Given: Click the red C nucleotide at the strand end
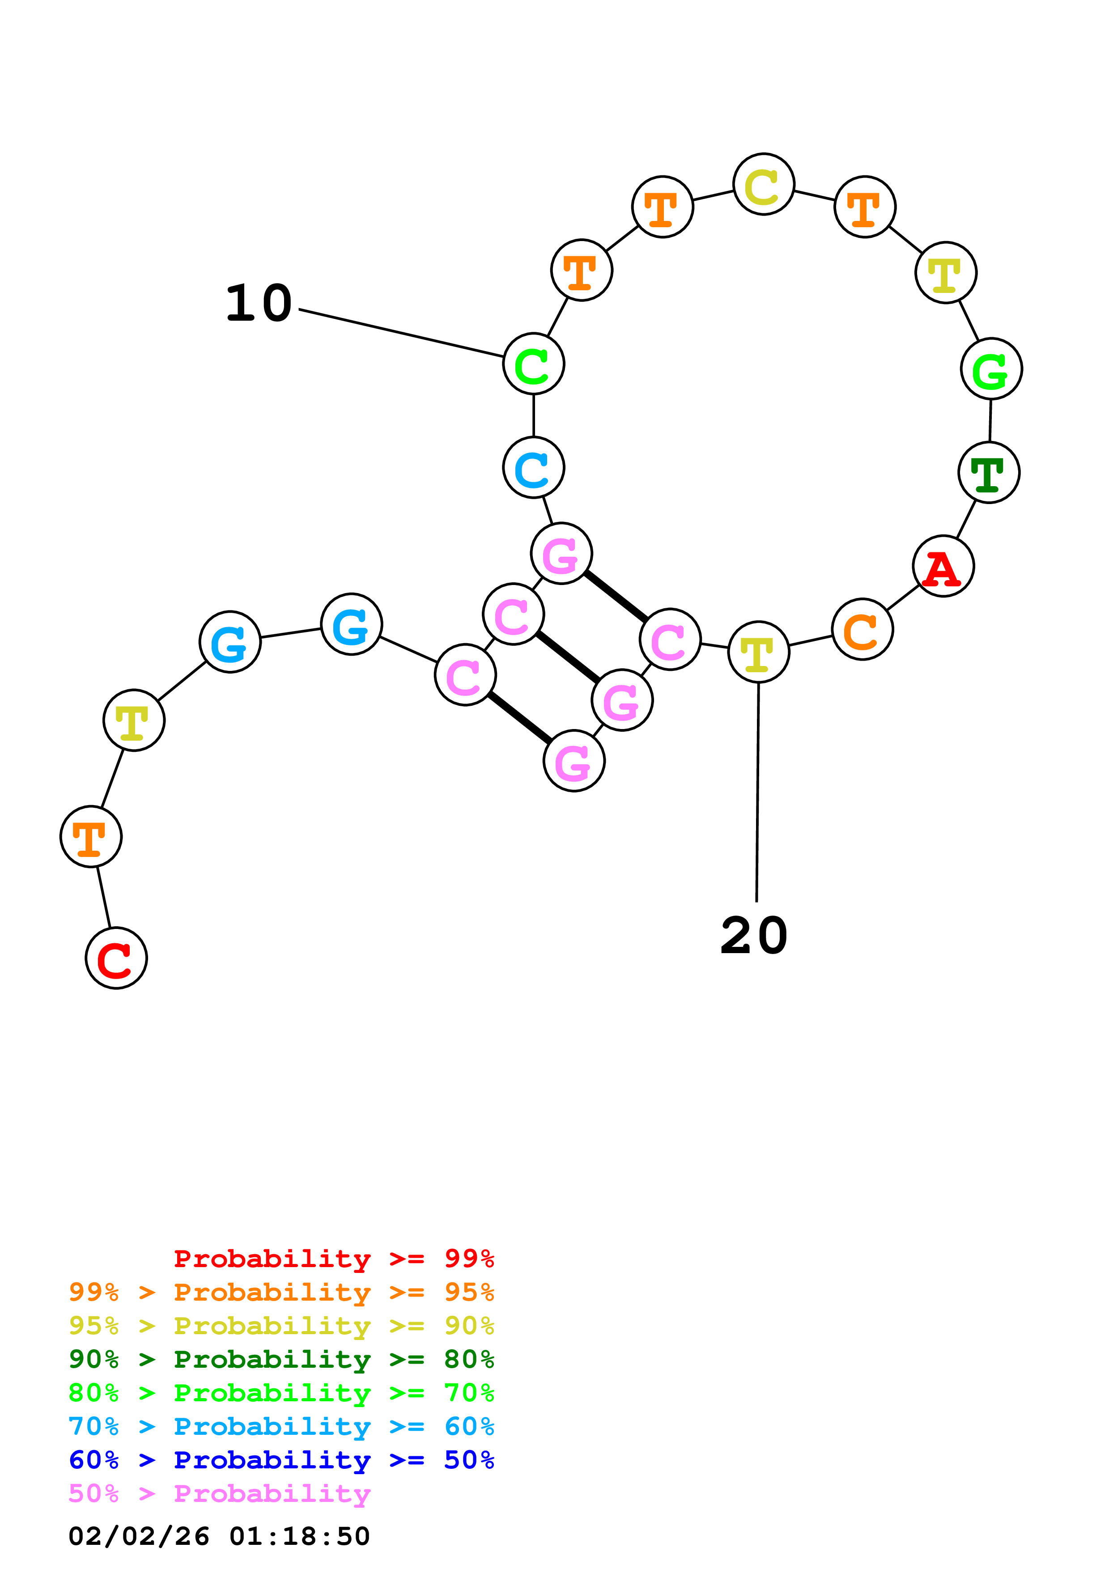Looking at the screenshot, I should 116,958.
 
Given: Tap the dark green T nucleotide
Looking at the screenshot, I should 989,472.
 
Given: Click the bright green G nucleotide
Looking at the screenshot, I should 991,369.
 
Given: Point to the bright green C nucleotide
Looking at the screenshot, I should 534,364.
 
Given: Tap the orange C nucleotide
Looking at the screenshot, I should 863,629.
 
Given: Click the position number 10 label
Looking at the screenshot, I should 259,303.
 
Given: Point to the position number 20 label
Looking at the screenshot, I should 754,936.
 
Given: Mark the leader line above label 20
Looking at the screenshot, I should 757,793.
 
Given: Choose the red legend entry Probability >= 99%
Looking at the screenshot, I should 333,1258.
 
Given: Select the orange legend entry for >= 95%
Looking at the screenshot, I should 281,1292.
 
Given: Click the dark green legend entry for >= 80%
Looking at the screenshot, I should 281,1359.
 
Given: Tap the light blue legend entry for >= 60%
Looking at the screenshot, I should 281,1426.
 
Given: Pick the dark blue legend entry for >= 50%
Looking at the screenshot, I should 281,1460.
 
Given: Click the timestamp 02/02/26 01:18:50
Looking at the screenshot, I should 219,1536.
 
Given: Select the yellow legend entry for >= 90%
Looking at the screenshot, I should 281,1326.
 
